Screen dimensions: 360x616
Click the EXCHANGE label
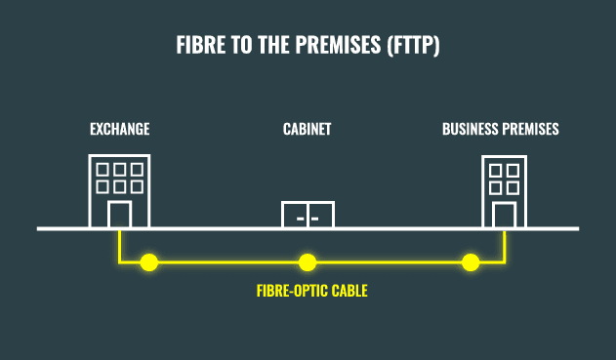tap(119, 129)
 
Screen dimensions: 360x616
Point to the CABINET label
tap(308, 129)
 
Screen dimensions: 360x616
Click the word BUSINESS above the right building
tap(472, 129)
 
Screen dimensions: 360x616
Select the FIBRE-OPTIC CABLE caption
tap(311, 291)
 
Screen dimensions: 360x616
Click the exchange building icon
tap(118, 190)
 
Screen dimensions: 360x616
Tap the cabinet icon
tap(308, 215)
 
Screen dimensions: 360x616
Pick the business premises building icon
tap(504, 190)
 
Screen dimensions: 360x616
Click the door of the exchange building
tap(119, 215)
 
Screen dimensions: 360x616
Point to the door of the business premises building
tap(504, 216)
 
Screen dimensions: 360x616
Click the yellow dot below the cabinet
tap(308, 261)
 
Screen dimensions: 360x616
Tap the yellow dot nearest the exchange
tap(148, 261)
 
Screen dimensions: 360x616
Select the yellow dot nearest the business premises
tap(471, 261)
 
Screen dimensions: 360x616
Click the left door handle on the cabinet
tap(301, 219)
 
